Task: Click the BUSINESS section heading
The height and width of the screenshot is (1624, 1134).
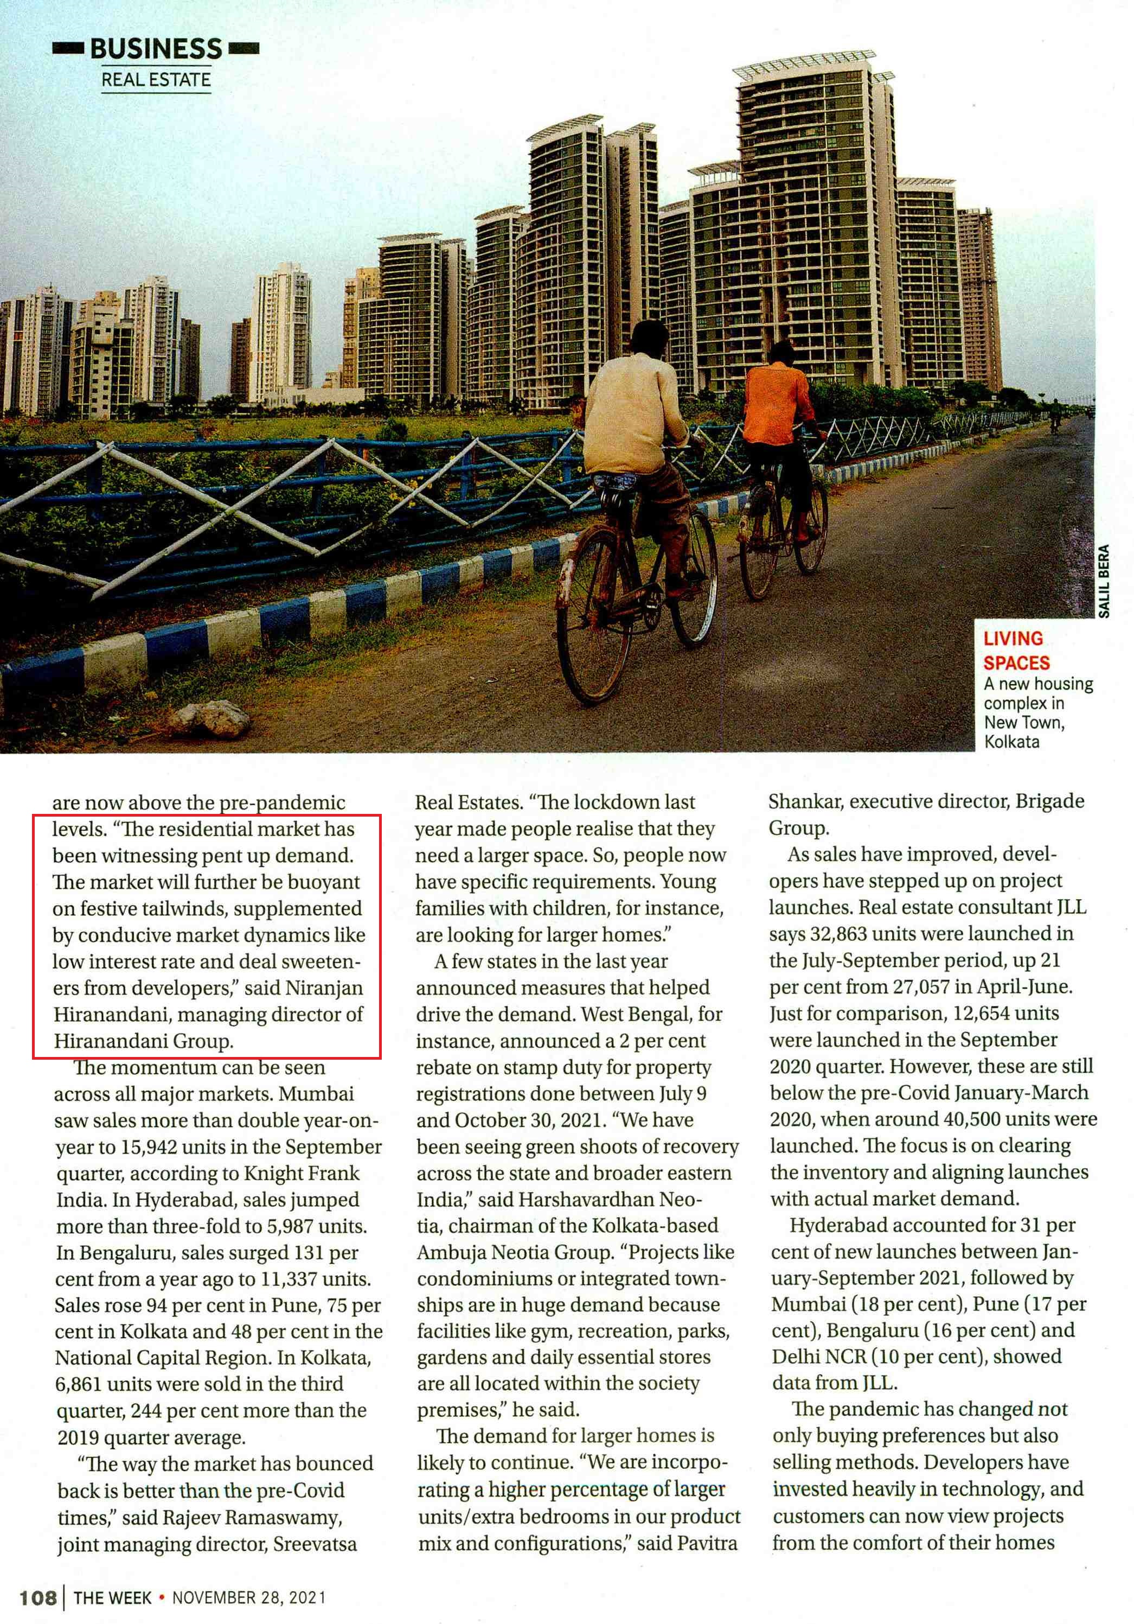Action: coord(156,49)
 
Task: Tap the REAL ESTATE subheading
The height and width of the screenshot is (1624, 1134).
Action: coord(156,79)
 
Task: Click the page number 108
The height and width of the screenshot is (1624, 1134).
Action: coord(37,1597)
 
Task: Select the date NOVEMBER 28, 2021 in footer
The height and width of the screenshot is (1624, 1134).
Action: coord(249,1597)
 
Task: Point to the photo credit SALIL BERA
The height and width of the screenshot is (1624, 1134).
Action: coord(1104,580)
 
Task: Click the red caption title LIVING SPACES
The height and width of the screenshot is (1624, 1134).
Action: coord(1016,650)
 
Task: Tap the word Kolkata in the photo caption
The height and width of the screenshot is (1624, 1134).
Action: coord(1011,741)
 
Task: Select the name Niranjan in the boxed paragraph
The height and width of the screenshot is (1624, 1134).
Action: coord(324,988)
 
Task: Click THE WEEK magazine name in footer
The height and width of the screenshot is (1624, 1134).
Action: coord(112,1597)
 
